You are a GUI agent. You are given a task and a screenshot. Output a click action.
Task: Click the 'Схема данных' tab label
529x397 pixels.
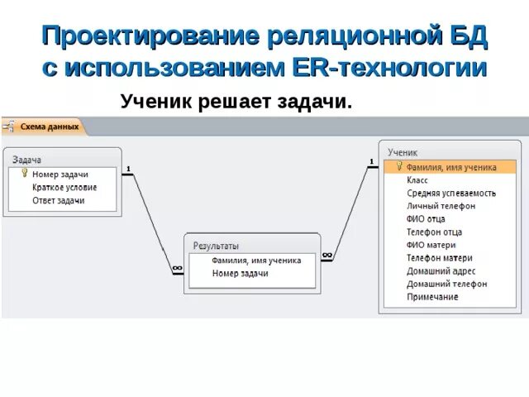pyautogui.click(x=50, y=127)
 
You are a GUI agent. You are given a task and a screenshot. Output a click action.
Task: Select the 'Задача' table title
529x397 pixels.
pyautogui.click(x=27, y=160)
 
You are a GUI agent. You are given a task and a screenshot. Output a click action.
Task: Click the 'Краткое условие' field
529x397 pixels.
pyautogui.click(x=64, y=188)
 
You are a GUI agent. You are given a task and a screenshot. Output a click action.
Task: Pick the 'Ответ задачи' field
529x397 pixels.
pyautogui.click(x=58, y=201)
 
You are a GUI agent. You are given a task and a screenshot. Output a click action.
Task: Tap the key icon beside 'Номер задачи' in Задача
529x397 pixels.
pyautogui.click(x=25, y=174)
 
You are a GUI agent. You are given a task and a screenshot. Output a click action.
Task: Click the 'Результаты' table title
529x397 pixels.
pyautogui.click(x=216, y=246)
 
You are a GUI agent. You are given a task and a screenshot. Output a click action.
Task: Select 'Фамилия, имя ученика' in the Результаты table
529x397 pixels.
pyautogui.click(x=256, y=261)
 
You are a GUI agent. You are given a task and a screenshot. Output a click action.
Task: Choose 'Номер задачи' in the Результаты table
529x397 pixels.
pyautogui.click(x=240, y=274)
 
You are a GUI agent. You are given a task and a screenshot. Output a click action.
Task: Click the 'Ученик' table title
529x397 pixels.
pyautogui.click(x=403, y=153)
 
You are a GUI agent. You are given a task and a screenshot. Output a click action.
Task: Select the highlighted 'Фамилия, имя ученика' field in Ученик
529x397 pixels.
pyautogui.click(x=451, y=167)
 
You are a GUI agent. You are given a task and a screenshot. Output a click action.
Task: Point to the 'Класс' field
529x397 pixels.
pyautogui.click(x=417, y=179)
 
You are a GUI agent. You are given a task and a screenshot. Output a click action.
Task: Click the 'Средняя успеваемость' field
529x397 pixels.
pyautogui.click(x=451, y=193)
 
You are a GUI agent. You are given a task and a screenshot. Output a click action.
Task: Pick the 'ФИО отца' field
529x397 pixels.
pyautogui.click(x=426, y=219)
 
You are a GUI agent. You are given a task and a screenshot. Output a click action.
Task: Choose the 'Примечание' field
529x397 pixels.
pyautogui.click(x=432, y=297)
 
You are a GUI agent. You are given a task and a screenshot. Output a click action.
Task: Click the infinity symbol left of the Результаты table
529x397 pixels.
pyautogui.click(x=177, y=268)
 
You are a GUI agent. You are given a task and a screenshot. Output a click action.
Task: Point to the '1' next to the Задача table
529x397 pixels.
pyautogui.click(x=128, y=170)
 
